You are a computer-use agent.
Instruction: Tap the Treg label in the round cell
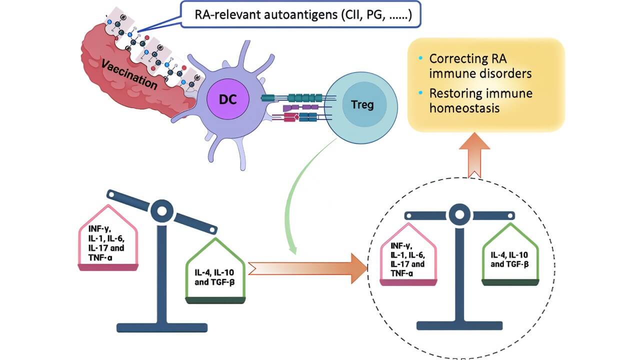coord(362,105)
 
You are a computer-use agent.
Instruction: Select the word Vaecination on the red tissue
coord(129,74)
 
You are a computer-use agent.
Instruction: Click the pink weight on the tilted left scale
coord(108,239)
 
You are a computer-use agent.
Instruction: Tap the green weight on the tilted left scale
coord(215,272)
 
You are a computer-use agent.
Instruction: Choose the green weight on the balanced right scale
coord(510,255)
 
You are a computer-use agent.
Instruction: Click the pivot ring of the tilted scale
coord(162,210)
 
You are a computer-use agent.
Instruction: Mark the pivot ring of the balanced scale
coord(458,215)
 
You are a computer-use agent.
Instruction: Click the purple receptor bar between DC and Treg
coord(300,107)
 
